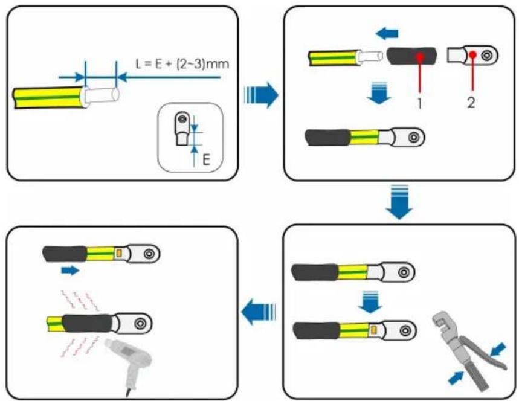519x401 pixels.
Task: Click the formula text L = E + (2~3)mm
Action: tap(182, 63)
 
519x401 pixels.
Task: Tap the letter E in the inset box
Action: tap(206, 160)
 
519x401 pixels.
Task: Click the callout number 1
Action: tap(420, 103)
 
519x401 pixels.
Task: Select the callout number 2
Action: tap(471, 103)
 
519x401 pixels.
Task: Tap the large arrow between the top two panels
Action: tap(261, 95)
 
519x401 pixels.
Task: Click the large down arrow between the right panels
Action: tap(399, 202)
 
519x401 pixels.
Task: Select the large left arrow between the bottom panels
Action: tap(259, 312)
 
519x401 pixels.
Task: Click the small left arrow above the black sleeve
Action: tap(387, 33)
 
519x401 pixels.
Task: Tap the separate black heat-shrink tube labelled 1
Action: tap(412, 56)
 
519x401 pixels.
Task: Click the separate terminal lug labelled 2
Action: tap(472, 54)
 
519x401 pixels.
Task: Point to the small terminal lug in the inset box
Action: tap(182, 129)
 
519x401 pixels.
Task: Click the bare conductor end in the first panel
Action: tap(101, 96)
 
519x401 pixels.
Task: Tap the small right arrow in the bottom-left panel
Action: tap(70, 271)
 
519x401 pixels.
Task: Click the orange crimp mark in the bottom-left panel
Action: tap(119, 254)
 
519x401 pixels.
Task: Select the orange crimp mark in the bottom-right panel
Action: tap(374, 330)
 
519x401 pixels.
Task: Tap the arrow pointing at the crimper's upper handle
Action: tap(498, 350)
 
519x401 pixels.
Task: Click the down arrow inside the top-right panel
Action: tap(379, 92)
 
